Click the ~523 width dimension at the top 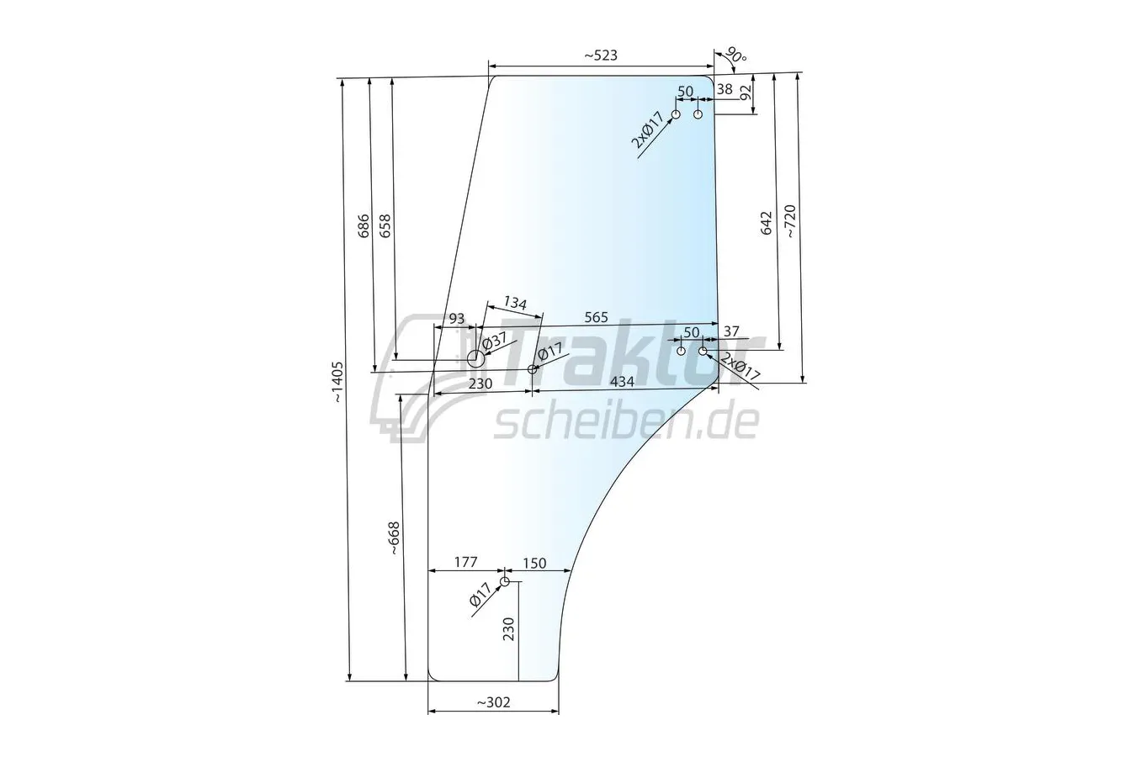click(x=601, y=56)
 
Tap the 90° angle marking click(x=736, y=55)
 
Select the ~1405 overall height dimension click(x=338, y=383)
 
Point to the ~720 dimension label click(x=791, y=221)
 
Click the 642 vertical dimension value click(x=767, y=223)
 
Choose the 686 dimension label click(x=364, y=226)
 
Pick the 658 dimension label click(x=385, y=226)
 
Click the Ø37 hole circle click(x=475, y=358)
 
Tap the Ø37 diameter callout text click(x=495, y=340)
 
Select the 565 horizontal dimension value click(x=596, y=317)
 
